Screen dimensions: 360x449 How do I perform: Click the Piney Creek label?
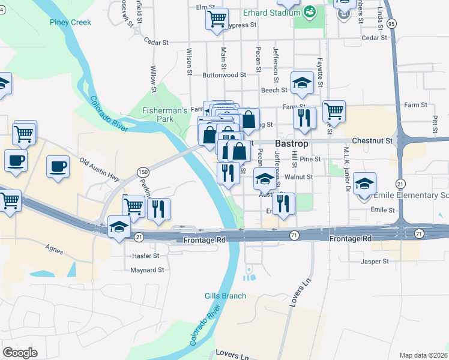(x=71, y=23)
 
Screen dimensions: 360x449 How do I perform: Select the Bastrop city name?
(x=292, y=144)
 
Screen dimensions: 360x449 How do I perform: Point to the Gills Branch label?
(x=225, y=296)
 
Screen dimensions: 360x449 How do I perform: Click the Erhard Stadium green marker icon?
(x=310, y=11)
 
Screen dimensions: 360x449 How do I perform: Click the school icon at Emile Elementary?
(x=364, y=185)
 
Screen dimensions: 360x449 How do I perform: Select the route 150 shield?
(x=142, y=172)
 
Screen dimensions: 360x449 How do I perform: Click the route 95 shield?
(x=391, y=23)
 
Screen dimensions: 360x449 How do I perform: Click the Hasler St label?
(x=145, y=256)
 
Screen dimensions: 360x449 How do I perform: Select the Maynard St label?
(x=147, y=271)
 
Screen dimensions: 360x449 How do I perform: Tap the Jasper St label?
(x=375, y=262)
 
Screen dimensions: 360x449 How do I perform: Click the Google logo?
(x=20, y=353)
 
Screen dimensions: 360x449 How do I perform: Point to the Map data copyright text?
(x=423, y=355)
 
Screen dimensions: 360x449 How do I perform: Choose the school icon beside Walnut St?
(x=265, y=178)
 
